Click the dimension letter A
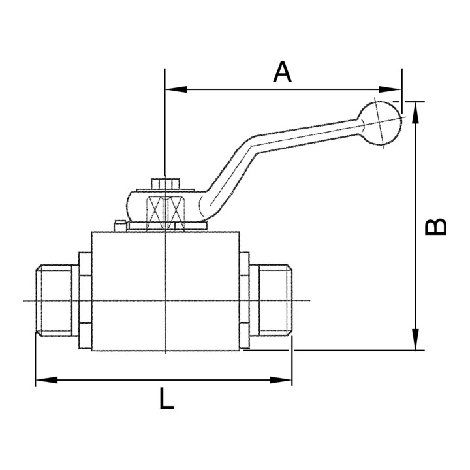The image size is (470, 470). point(282,72)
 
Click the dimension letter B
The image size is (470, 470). point(436,226)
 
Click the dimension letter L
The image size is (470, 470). point(167,398)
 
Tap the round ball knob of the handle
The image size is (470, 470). point(383,122)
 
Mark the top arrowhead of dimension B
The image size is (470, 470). point(415,108)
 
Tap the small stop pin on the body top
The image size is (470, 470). point(119,227)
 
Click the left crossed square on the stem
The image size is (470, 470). point(155,211)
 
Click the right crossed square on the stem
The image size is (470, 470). point(177,211)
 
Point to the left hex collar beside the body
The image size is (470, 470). point(85,300)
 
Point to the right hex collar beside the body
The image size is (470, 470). point(245,300)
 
